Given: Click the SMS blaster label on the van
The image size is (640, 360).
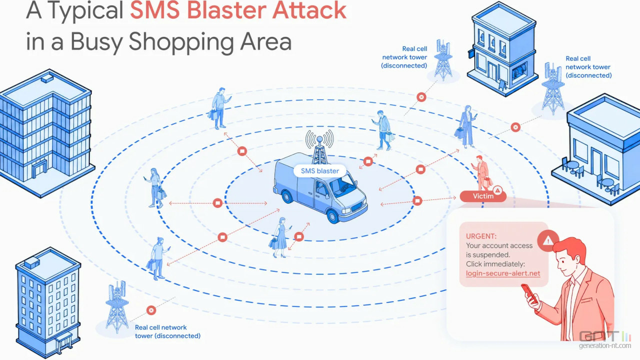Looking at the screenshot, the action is tap(319, 171).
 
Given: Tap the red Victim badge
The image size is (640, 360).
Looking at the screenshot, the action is tap(483, 196).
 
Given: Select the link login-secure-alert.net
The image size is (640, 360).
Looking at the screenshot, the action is tap(503, 273).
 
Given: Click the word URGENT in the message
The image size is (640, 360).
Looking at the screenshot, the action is tap(481, 236).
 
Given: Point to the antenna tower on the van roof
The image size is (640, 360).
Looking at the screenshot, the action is tap(319, 148).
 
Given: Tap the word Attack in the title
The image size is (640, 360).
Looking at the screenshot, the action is tap(309, 10).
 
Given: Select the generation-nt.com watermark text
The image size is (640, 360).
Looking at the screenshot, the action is tap(605, 345).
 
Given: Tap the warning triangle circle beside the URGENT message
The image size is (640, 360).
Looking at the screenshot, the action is tap(547, 240).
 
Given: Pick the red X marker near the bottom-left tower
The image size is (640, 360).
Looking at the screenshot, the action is tap(151, 310).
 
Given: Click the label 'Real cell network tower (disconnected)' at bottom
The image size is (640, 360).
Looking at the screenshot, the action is tap(167, 331).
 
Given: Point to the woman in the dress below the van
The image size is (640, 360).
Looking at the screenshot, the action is tap(280, 237).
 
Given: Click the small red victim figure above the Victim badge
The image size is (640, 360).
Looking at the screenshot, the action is tap(481, 173).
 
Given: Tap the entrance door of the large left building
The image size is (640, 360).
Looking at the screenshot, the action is tap(40, 168).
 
